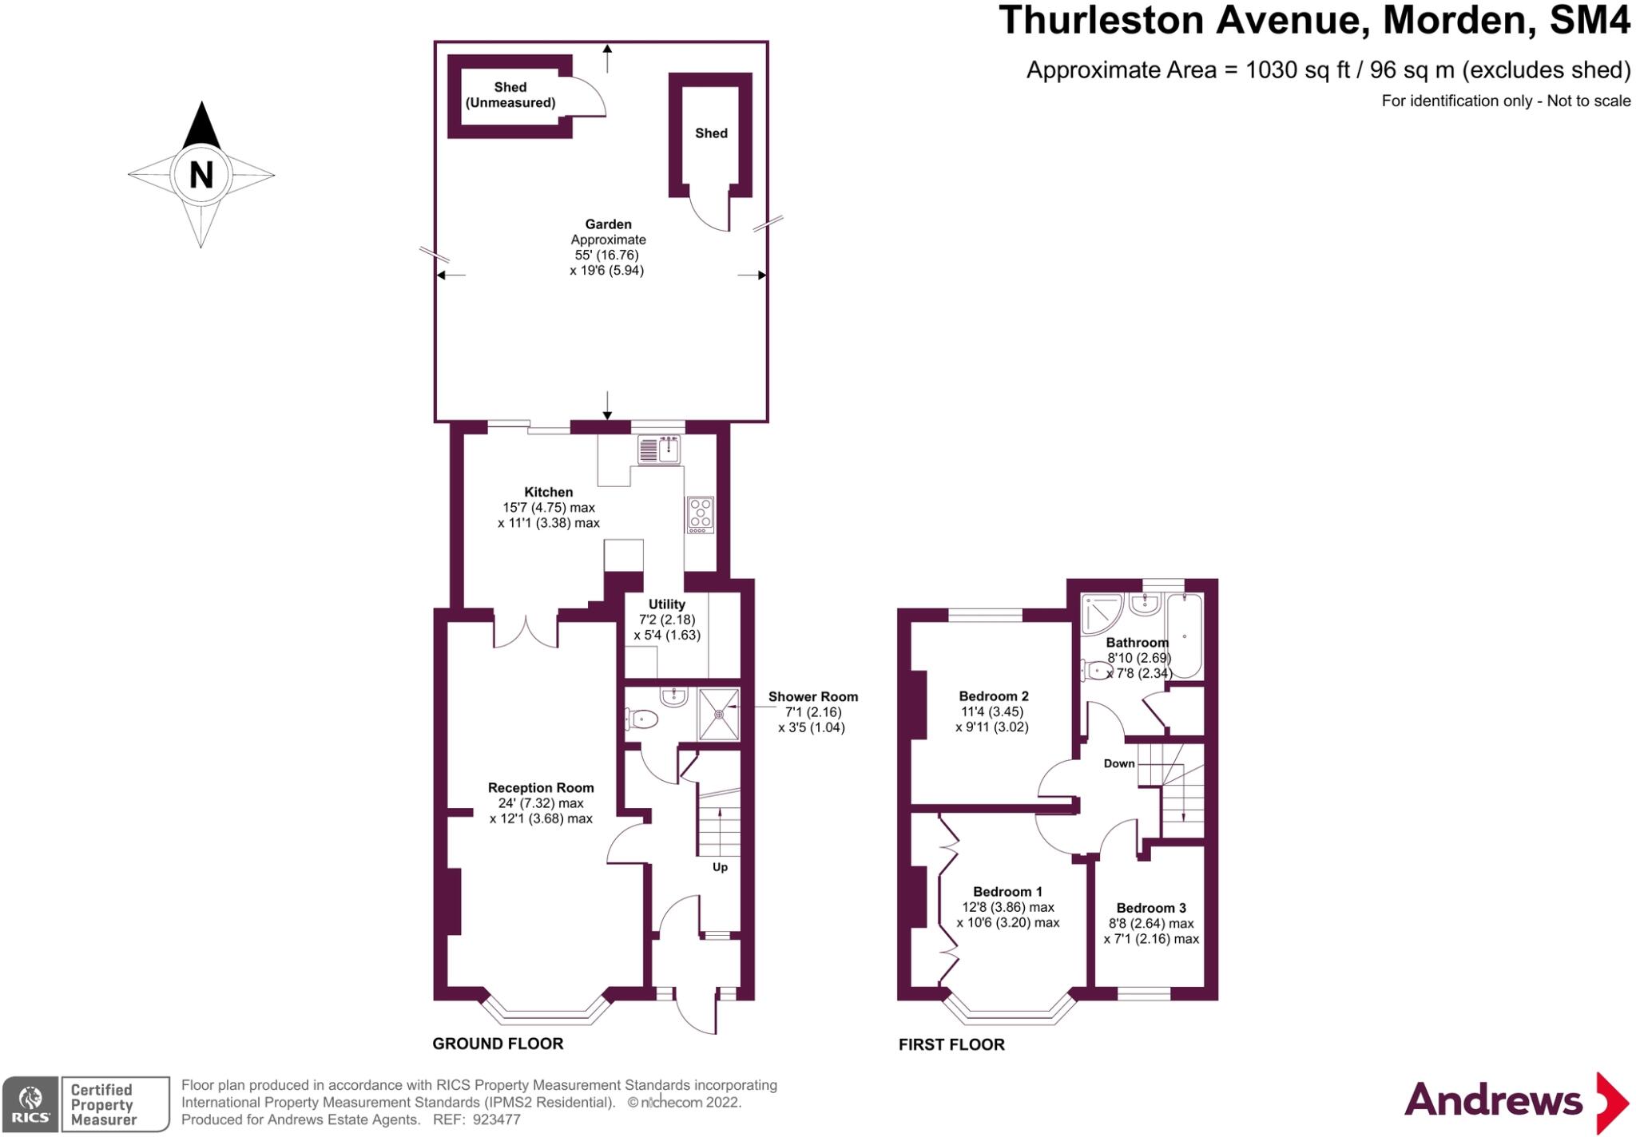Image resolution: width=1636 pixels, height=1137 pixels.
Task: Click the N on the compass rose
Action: [201, 174]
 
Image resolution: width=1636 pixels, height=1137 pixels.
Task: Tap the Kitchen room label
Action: [548, 493]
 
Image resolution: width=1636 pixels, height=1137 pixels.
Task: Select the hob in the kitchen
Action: [701, 515]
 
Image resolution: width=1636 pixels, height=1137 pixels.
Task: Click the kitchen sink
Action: [659, 450]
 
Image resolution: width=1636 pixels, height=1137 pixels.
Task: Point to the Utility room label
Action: [666, 604]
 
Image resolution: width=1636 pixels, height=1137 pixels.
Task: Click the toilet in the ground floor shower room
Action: [641, 720]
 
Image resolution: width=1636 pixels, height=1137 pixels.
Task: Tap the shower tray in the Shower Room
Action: [719, 713]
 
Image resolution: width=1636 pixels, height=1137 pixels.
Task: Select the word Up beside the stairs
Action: [720, 867]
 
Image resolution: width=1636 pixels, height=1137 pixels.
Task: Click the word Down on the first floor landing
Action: [1119, 763]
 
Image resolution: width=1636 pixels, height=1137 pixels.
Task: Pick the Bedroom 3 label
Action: [1151, 908]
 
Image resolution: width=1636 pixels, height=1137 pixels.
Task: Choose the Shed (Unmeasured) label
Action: [510, 95]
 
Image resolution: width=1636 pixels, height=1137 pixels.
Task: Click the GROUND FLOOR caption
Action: [498, 1044]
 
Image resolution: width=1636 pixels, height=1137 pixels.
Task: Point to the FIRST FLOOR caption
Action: [951, 1044]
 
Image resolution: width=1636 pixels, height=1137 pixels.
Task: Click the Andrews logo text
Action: [1493, 1100]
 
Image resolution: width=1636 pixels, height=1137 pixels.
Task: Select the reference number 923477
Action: [496, 1119]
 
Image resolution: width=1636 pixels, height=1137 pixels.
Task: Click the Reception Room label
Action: [541, 788]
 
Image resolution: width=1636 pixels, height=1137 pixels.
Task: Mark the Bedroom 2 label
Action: [994, 696]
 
